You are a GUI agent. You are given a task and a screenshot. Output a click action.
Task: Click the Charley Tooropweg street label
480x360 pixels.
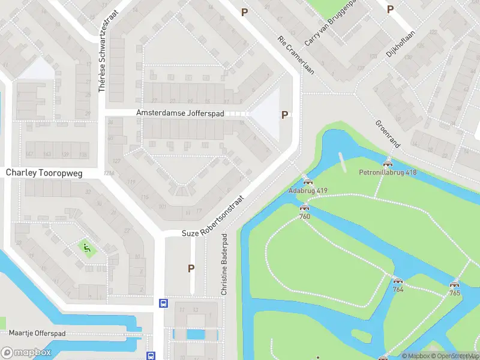(x=44, y=172)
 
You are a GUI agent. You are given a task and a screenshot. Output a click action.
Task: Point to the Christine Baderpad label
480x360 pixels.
(x=224, y=263)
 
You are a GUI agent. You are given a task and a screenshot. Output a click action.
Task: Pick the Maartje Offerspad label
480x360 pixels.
(x=37, y=333)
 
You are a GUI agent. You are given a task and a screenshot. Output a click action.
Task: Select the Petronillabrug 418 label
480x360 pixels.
(x=388, y=172)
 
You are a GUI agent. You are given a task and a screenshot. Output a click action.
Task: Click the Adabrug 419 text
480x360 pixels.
(x=308, y=191)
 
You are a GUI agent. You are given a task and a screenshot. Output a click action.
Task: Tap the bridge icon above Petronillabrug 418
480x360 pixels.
(x=388, y=163)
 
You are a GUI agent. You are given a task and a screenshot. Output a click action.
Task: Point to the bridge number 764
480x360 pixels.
(x=398, y=289)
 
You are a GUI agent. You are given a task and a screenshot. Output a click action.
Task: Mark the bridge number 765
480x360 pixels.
(x=455, y=293)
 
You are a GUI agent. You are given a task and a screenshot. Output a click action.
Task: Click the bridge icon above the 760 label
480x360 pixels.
(x=304, y=208)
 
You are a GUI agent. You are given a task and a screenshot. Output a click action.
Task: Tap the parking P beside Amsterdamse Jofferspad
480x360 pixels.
(x=284, y=115)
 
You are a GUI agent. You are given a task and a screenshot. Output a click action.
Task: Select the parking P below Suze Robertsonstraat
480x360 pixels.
(x=191, y=268)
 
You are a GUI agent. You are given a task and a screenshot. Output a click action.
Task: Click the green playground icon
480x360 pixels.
(x=86, y=246)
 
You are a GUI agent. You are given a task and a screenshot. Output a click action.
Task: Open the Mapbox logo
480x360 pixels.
(x=26, y=353)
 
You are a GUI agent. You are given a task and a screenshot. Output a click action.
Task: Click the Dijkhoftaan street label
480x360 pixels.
(x=400, y=44)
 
